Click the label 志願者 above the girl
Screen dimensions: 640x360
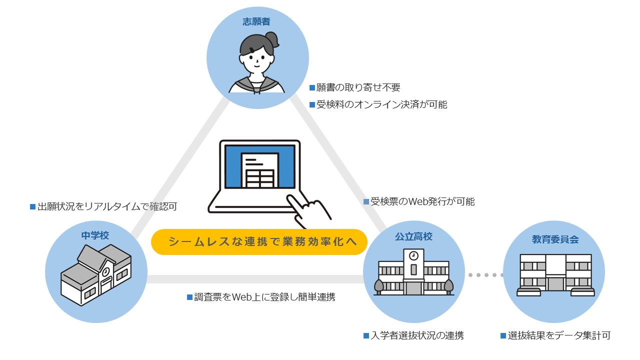(256, 21)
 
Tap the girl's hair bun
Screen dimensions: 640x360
(272, 39)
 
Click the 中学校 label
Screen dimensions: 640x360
(95, 235)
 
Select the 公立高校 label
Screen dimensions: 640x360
(413, 236)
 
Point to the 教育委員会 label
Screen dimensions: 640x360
(555, 239)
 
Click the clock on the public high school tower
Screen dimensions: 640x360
(413, 255)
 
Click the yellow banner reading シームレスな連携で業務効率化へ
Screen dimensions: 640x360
(259, 241)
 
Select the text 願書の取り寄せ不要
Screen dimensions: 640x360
(358, 87)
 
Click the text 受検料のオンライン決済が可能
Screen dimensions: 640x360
(381, 104)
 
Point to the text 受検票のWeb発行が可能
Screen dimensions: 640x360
(422, 201)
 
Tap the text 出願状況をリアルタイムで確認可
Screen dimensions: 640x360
(107, 206)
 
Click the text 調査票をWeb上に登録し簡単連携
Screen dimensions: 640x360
(264, 297)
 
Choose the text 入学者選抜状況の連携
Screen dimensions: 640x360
(417, 335)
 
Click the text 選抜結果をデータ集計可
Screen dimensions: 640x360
(559, 335)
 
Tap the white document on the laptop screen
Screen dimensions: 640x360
(259, 170)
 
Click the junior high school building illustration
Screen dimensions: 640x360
(96, 275)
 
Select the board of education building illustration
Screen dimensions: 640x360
(555, 275)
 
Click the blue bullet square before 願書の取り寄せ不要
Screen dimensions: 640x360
(312, 87)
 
